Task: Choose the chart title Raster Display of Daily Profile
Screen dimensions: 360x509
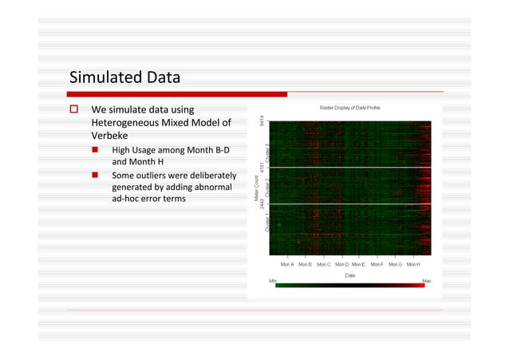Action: point(351,109)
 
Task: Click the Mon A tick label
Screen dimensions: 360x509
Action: point(287,264)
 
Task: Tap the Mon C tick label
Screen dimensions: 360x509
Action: point(323,264)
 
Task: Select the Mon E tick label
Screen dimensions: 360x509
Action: point(359,264)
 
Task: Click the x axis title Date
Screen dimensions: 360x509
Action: point(350,275)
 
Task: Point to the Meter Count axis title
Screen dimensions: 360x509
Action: point(255,195)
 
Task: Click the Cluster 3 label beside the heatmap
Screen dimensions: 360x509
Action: point(268,154)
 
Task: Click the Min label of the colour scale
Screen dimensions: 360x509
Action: point(274,281)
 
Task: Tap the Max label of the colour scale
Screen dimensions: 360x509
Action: point(427,281)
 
